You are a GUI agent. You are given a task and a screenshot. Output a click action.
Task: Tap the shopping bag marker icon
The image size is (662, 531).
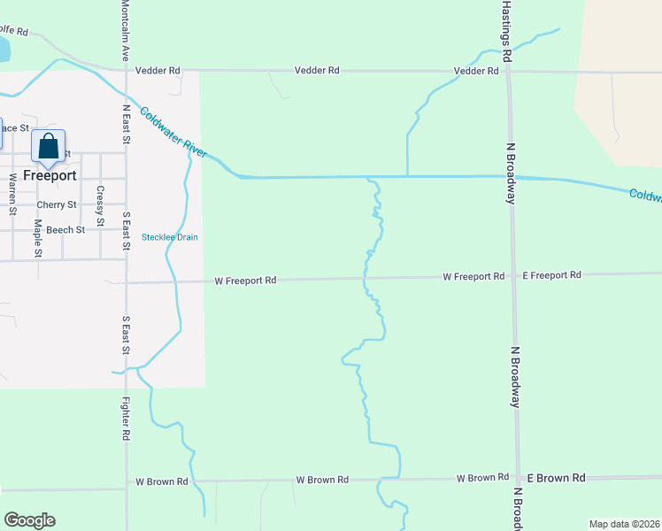[49, 147]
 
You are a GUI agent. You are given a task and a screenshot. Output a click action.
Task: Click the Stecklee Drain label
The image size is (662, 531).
[170, 237]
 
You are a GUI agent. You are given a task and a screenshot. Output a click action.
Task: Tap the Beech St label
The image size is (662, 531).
[66, 229]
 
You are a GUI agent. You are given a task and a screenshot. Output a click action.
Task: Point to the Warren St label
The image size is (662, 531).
[13, 194]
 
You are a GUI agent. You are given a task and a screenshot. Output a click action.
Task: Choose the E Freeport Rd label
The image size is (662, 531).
[551, 275]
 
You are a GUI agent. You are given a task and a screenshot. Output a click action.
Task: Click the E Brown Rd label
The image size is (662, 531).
[556, 478]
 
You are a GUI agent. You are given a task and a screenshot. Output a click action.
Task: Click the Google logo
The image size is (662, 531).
[29, 520]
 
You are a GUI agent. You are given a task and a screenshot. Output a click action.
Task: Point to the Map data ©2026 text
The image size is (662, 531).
[624, 524]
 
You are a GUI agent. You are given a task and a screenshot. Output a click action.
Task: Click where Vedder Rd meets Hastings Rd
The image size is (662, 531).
[508, 71]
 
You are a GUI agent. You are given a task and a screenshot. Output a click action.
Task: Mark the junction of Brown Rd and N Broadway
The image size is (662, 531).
[519, 478]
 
